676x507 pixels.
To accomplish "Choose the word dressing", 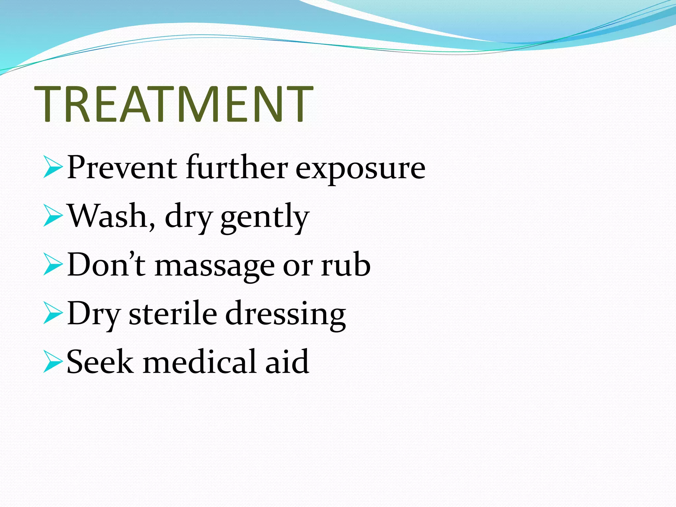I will (x=286, y=314).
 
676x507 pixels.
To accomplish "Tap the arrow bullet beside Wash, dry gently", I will (x=52, y=217).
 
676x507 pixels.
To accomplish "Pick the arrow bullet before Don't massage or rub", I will (x=52, y=265).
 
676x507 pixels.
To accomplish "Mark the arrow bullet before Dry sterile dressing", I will (x=52, y=314).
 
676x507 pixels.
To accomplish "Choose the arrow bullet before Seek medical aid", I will (x=52, y=362).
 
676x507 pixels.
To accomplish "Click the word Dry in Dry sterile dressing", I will (x=94, y=314).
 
